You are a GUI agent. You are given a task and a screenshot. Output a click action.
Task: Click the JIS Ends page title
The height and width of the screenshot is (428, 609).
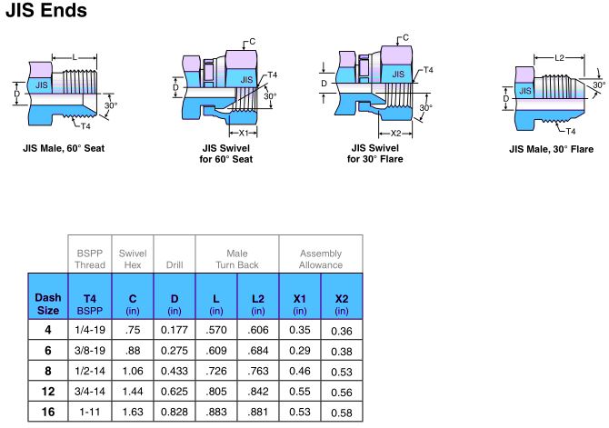point(47,12)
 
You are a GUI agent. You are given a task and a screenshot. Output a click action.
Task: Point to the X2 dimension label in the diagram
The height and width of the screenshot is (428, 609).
point(397,132)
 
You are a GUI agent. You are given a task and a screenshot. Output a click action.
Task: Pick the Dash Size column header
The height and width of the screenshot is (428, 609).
point(47,303)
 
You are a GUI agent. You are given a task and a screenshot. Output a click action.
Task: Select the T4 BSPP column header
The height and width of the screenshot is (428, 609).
point(89,303)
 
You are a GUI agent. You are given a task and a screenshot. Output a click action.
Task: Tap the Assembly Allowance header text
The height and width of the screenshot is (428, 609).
point(320,258)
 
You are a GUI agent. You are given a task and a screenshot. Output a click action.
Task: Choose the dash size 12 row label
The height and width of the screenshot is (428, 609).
point(47,391)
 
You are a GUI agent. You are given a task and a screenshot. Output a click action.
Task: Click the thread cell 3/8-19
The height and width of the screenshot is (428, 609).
point(89,349)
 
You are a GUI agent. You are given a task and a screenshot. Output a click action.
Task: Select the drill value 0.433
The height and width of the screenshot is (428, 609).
point(174,370)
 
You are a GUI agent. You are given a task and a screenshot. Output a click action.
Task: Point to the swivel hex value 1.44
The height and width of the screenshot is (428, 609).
point(133,391)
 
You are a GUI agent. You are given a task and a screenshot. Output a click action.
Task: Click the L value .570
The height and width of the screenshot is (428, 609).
point(215,328)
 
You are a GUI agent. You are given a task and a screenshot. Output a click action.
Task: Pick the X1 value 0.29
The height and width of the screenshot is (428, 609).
point(299,349)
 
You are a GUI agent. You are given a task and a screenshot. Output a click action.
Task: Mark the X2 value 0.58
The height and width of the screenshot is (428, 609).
point(341,413)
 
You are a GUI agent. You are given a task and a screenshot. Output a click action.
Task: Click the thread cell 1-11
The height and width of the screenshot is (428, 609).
point(89,412)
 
